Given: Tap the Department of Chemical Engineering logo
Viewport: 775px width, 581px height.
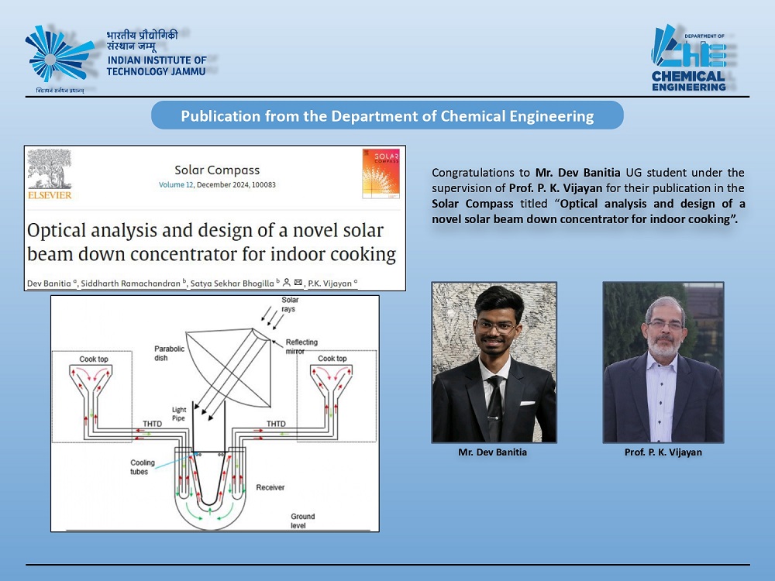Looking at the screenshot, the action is click(689, 58).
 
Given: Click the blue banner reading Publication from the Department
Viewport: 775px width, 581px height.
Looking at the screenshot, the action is click(387, 115).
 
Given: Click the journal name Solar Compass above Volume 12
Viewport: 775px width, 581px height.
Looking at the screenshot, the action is click(217, 170).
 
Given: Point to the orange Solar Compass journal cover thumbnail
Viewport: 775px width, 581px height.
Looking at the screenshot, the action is click(381, 174).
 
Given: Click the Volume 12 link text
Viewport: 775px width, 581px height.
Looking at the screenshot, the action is click(176, 185).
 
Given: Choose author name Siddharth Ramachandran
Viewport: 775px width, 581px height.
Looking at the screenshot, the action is click(130, 284).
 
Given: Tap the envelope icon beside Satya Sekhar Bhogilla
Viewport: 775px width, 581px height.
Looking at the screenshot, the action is click(298, 283).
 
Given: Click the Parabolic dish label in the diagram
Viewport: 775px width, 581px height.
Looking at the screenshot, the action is click(169, 353).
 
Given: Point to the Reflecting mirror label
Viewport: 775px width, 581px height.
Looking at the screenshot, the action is click(301, 346).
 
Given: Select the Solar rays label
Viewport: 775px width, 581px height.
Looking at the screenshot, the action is click(290, 304).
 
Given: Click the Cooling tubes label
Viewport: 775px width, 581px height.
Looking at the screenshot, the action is click(143, 467).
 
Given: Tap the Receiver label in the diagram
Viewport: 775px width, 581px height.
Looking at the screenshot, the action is click(270, 487).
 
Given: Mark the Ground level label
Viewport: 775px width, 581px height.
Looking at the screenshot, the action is click(302, 521).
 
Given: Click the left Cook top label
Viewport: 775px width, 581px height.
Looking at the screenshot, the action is click(94, 359).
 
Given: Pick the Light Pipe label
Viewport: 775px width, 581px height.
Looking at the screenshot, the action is click(179, 414).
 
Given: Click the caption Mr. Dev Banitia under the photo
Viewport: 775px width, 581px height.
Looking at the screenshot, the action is click(492, 452).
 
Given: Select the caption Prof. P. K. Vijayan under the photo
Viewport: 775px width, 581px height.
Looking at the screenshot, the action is click(663, 452).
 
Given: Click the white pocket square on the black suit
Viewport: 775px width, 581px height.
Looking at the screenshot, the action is click(527, 403).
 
